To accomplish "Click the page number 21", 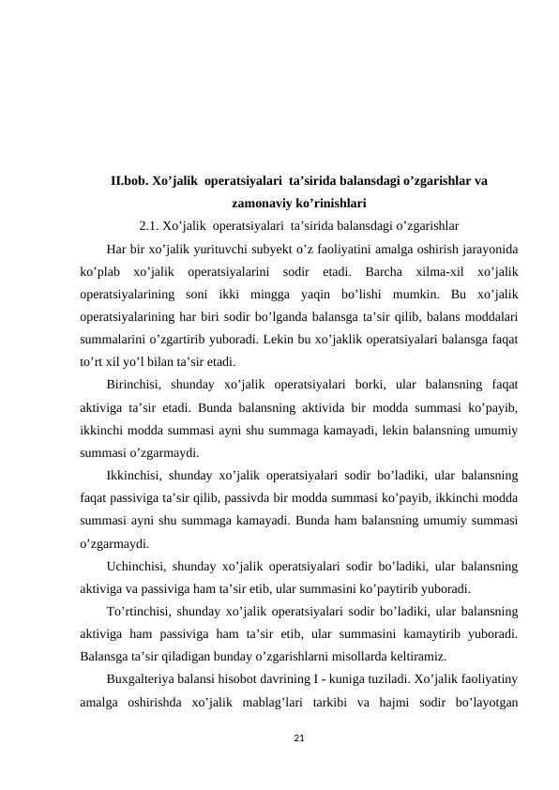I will [298, 740].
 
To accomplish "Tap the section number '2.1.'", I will [149, 225].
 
